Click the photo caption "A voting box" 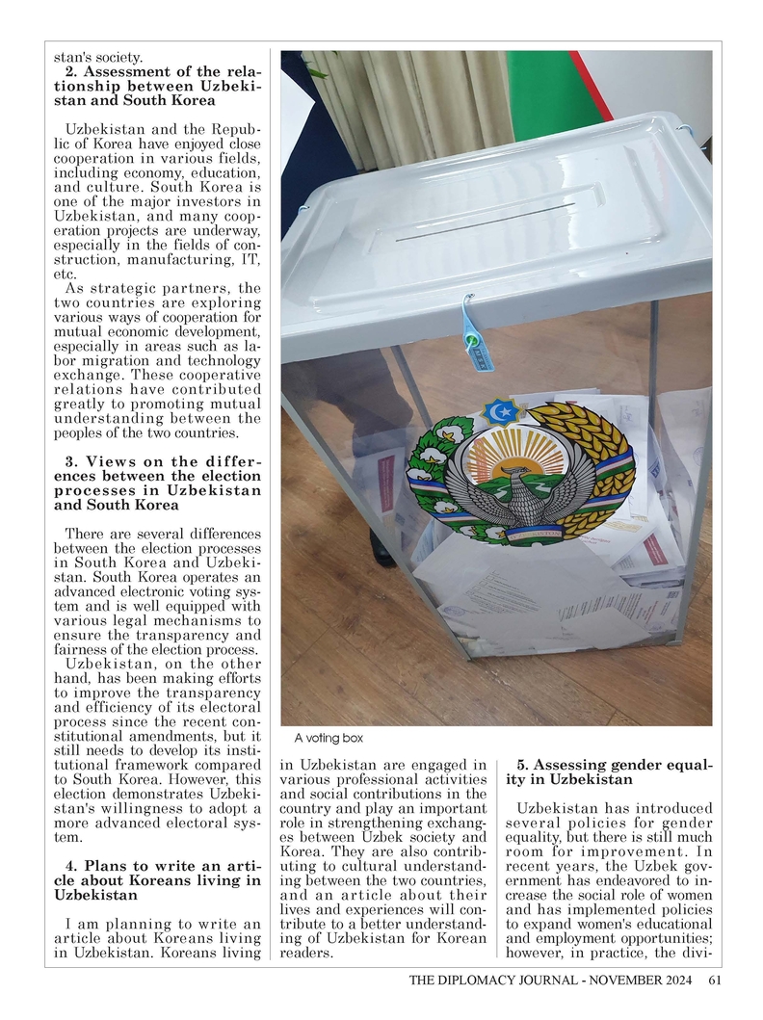coord(329,738)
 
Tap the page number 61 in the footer coord(714,981)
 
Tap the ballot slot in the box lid coord(487,222)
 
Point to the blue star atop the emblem coord(501,411)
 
